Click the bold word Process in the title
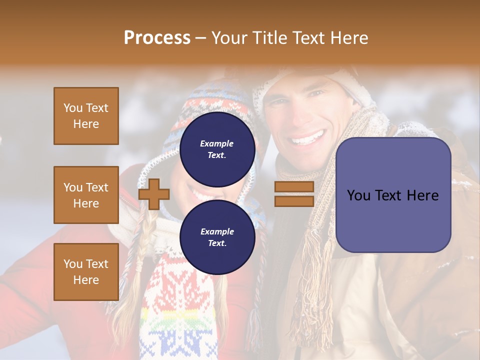(x=157, y=37)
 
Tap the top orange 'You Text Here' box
(x=86, y=116)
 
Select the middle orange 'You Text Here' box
(x=86, y=195)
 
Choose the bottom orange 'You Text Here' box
(x=86, y=272)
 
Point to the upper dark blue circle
(x=217, y=149)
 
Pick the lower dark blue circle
(x=217, y=237)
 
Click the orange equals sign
(x=294, y=194)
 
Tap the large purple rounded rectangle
(x=393, y=195)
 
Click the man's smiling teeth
(x=308, y=137)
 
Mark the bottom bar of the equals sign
(x=294, y=201)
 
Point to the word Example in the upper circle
(x=216, y=143)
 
